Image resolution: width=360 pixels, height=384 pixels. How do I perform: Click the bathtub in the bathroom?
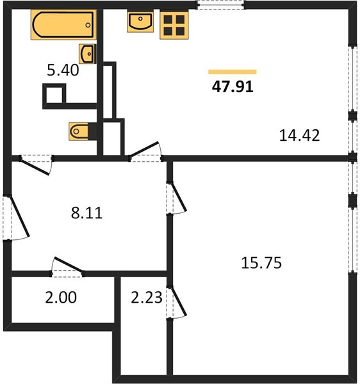pos(63,24)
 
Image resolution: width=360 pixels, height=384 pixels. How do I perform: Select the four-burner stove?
pos(174,25)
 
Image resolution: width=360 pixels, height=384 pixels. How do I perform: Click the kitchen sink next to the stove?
pos(140,21)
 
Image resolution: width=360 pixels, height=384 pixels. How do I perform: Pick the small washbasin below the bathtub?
pos(88,54)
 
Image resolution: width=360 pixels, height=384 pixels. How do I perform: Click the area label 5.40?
pos(63,70)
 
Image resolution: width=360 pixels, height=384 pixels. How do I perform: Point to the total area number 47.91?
pos(233,86)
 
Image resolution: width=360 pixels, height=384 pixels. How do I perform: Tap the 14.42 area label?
pos(300,136)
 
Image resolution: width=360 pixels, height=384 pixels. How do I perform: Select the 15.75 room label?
pos(261,263)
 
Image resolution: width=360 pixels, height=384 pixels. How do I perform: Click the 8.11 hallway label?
pos(86,212)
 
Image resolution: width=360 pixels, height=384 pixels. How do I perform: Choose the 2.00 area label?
pos(61,298)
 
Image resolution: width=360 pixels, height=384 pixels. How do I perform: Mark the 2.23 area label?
pos(147,298)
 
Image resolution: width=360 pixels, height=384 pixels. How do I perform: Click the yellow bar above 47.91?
pos(233,72)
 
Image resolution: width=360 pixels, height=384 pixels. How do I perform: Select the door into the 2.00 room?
pos(69,264)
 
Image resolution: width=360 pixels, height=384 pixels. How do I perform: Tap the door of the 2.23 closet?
pos(178,301)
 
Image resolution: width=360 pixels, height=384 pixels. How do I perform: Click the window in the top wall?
pos(221,5)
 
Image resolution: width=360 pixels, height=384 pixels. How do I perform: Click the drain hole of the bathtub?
pos(88,25)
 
